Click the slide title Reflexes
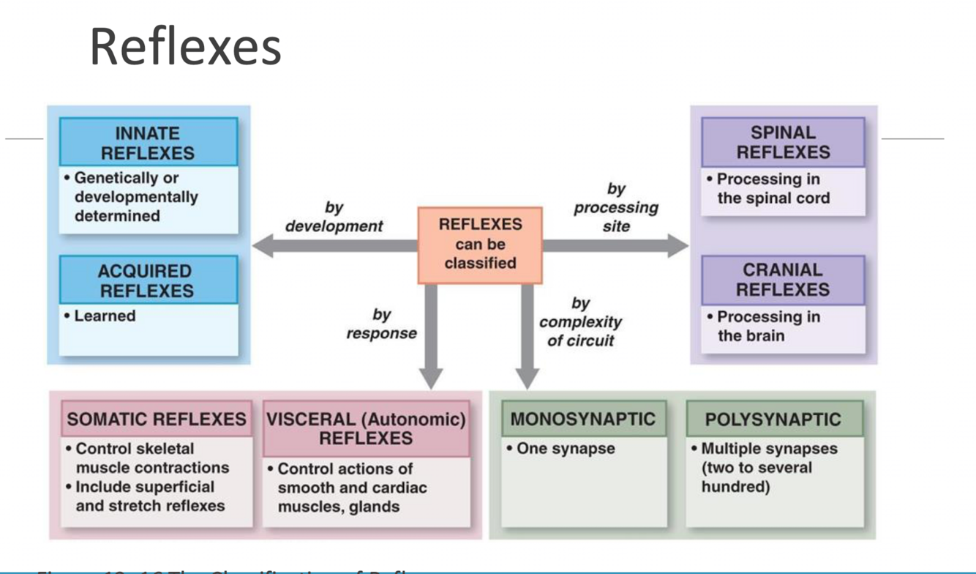tap(185, 47)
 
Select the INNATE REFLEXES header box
tap(148, 143)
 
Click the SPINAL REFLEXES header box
tap(783, 142)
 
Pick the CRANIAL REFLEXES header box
tap(783, 280)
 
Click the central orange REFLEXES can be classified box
tap(480, 245)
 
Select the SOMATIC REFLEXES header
tap(157, 420)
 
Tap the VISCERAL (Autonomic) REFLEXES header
tap(366, 429)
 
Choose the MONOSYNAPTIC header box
tap(583, 420)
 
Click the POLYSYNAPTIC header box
tap(773, 420)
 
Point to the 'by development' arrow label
tap(334, 217)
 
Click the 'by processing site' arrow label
tap(616, 208)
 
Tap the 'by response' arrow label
tap(381, 324)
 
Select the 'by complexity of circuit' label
tap(581, 322)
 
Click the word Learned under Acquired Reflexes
tap(105, 316)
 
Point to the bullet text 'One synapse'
tap(565, 449)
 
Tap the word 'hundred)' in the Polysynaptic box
tap(735, 487)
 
